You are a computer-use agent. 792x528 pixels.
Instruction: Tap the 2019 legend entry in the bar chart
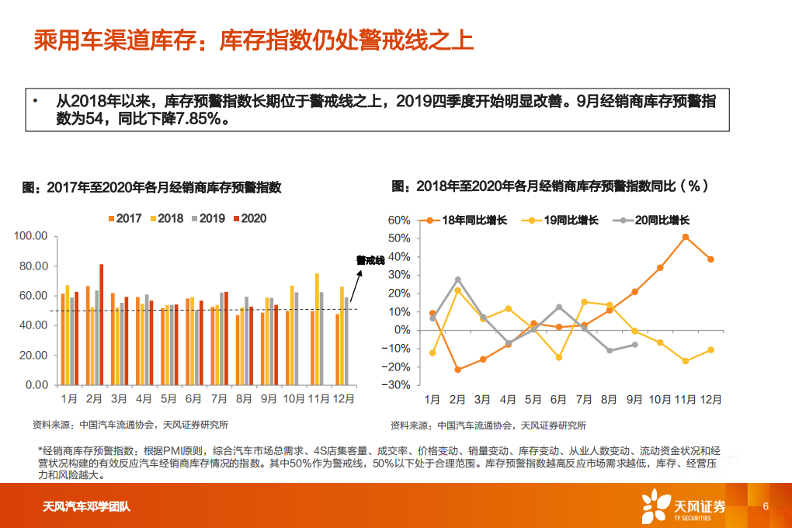(207, 219)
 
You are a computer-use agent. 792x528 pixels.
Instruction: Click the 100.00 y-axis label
(31, 236)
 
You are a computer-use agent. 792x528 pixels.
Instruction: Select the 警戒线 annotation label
(370, 260)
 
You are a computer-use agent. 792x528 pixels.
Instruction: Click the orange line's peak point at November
(686, 237)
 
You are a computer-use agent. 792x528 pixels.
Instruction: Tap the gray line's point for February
(457, 280)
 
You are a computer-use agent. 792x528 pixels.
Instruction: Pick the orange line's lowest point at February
(457, 370)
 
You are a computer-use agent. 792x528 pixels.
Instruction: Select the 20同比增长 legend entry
(654, 221)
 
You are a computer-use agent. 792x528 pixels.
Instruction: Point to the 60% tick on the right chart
(398, 221)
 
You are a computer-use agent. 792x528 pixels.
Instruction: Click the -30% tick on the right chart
(397, 385)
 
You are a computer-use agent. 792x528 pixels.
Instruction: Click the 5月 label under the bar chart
(168, 399)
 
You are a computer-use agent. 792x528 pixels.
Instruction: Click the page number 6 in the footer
(766, 506)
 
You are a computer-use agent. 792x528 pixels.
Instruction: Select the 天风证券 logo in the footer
(683, 506)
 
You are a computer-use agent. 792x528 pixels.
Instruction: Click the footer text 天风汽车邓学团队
(86, 508)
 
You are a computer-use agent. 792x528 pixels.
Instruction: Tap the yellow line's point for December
(710, 350)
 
